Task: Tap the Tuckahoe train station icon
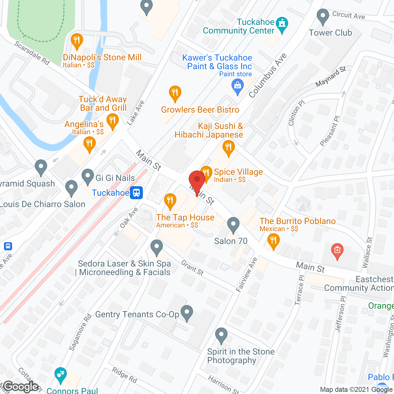point(136,193)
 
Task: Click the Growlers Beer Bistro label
point(200,110)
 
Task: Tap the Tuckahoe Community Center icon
point(282,24)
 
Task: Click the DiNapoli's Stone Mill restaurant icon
point(77,41)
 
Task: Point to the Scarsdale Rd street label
point(32,53)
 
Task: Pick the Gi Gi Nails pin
point(88,177)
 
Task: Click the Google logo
point(21,387)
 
